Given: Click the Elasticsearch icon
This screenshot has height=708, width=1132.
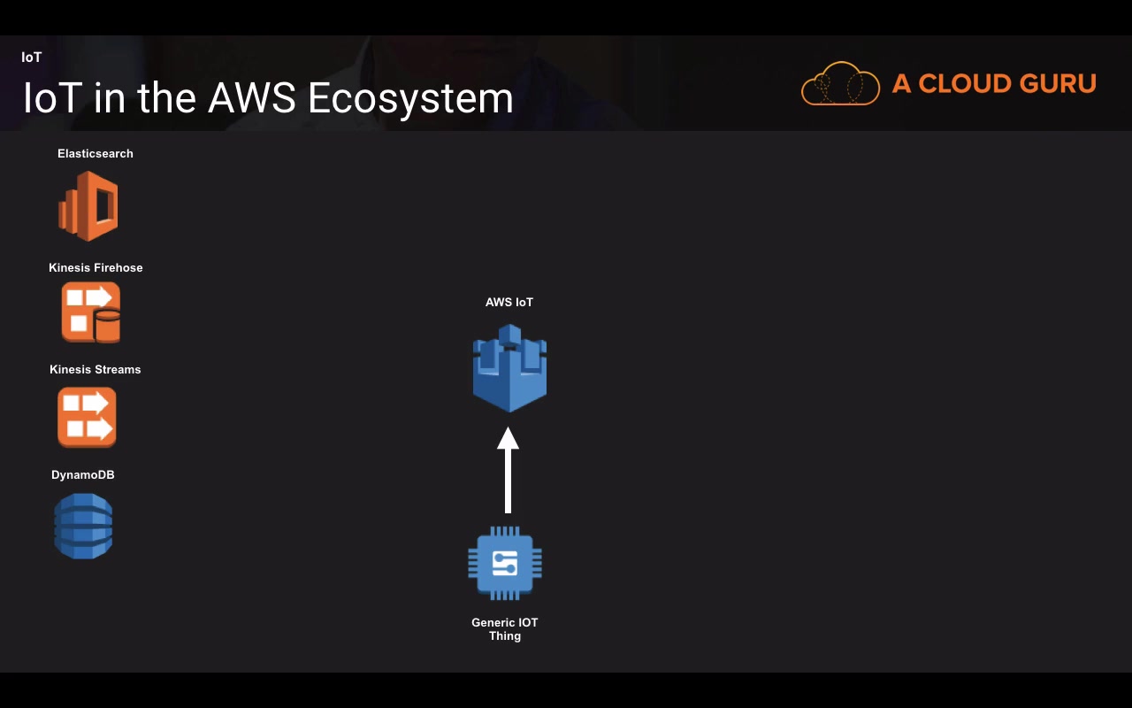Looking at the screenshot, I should point(88,206).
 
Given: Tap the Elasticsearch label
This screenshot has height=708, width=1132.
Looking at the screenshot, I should point(96,154).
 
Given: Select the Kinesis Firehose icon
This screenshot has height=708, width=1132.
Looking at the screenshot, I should point(90,312).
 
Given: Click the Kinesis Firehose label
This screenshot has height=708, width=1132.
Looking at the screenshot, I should point(96,268).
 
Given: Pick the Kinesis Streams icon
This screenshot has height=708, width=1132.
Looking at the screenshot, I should point(87,417).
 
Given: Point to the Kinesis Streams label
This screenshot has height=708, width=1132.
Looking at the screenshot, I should point(96,370).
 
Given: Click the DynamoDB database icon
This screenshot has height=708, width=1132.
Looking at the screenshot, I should point(83,526).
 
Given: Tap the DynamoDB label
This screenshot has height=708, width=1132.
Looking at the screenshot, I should point(83,475).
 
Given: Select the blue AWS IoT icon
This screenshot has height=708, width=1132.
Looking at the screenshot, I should point(509,368).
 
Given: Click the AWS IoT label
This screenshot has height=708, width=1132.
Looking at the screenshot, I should point(509,303).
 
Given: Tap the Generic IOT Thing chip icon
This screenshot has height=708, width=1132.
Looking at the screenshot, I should point(505,564).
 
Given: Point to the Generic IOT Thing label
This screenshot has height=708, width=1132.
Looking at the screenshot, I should point(505,629).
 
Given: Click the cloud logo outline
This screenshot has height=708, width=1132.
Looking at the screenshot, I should point(840,84).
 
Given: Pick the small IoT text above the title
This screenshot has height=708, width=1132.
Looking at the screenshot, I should point(32,58).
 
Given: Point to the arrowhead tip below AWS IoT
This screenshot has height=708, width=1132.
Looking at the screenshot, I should point(508,430).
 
